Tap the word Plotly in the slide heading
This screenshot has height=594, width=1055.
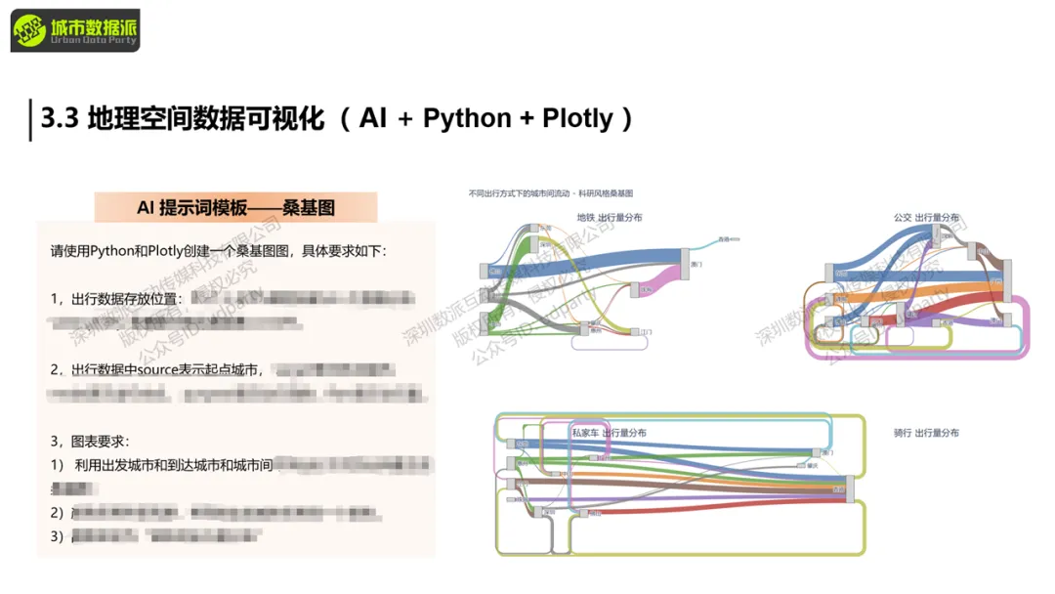577,118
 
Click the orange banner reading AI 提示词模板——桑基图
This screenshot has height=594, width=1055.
235,208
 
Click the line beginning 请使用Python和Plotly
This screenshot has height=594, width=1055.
218,251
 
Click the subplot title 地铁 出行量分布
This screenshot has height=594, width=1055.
609,217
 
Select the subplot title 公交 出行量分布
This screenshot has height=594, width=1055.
926,217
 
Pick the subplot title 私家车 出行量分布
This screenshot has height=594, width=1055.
609,432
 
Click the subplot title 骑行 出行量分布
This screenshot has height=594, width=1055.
926,432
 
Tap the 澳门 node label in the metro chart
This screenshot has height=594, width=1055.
697,264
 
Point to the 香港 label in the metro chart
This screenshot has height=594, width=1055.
725,238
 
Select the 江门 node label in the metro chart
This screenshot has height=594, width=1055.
646,332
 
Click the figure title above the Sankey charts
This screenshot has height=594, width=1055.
551,194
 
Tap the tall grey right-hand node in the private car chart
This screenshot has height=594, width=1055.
849,488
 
